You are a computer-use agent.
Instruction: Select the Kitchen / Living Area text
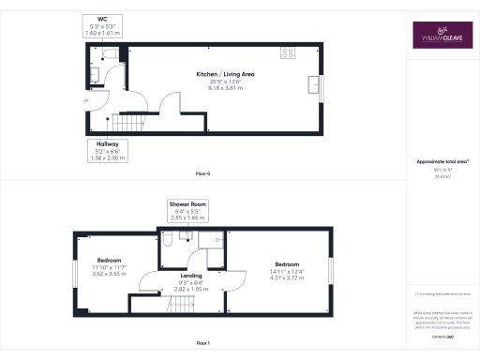click(225, 77)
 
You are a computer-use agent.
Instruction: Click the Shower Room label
click(187, 210)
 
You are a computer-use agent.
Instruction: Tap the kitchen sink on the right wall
click(312, 87)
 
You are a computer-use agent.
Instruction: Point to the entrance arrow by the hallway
click(85, 99)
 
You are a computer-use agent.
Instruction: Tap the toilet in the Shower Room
click(166, 241)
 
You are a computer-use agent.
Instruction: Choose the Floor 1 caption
click(202, 343)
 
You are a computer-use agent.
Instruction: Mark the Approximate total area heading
click(441, 162)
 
